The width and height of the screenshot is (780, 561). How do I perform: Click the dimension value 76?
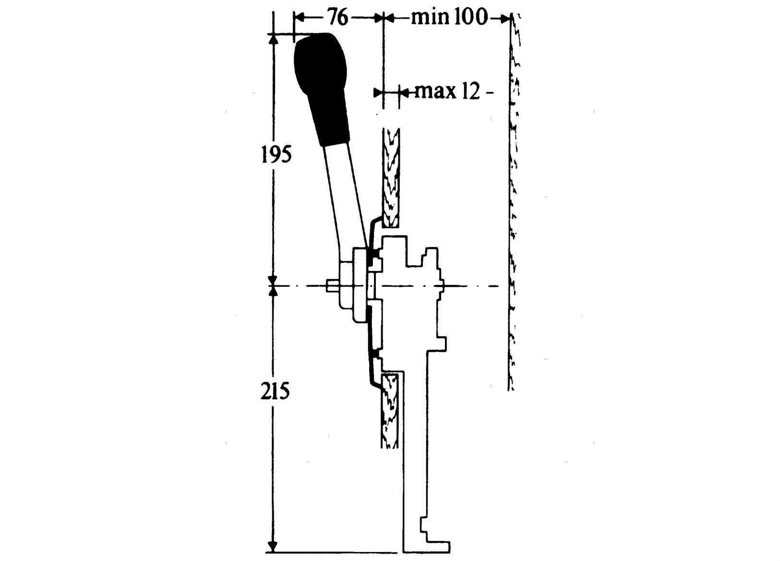[338, 17]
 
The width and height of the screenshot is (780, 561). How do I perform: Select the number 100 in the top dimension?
[470, 17]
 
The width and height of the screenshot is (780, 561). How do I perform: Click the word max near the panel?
[434, 92]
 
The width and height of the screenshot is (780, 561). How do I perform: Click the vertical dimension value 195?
[276, 155]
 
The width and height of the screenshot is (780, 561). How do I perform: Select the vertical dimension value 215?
[275, 391]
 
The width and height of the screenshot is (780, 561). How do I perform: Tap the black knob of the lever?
[322, 89]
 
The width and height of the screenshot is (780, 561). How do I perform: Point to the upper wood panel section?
[391, 178]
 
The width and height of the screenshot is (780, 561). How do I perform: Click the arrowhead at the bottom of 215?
[273, 546]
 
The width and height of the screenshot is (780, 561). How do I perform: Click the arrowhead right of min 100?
[505, 19]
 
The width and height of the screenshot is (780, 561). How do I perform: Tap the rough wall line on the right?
[513, 202]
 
